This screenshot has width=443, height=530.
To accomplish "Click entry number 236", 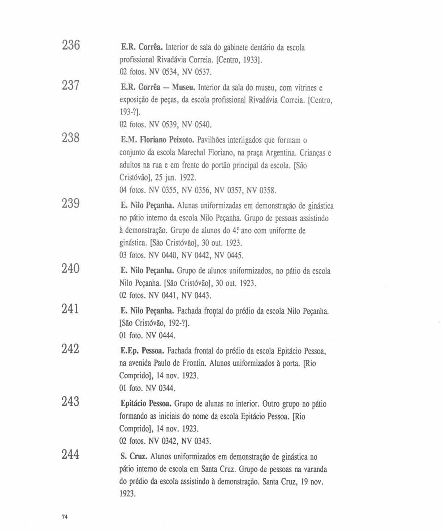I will (x=71, y=45).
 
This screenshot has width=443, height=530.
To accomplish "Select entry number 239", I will (x=71, y=204).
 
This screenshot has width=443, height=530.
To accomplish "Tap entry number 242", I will (x=71, y=349).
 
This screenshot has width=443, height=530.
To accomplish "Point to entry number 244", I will (x=71, y=455).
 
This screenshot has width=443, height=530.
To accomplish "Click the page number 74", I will (x=65, y=517).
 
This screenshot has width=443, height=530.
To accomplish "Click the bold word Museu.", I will (x=183, y=88).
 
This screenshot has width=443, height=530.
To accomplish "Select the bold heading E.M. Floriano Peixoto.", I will (x=158, y=140).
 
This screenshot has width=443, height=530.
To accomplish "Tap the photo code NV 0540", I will (x=196, y=125).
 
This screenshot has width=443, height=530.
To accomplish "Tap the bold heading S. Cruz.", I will (x=134, y=457).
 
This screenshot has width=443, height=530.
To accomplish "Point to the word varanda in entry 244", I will (x=315, y=469).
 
